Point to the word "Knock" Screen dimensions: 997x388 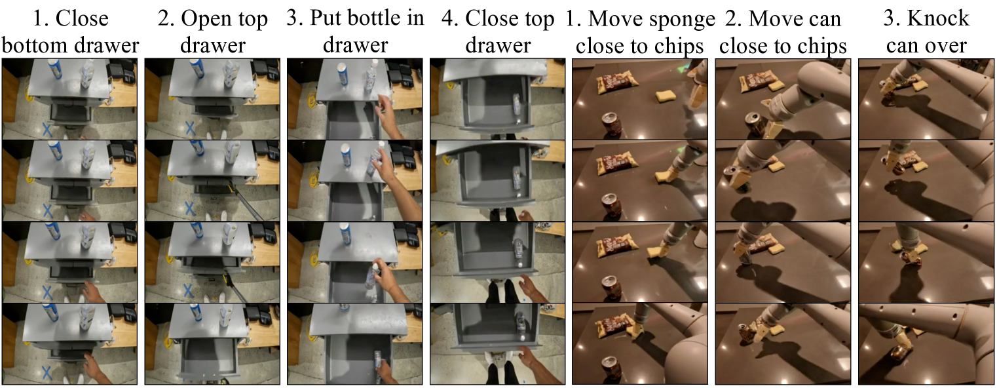point(938,18)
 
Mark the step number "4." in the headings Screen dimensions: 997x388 point(449,19)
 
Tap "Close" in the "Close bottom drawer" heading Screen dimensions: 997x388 point(82,19)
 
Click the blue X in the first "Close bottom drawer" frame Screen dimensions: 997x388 point(47,130)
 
